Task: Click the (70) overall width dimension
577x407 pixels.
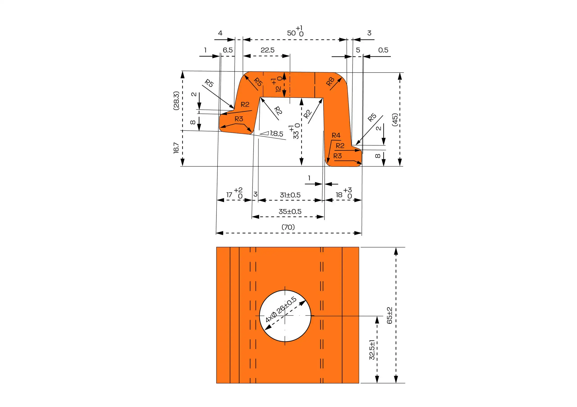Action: point(288,227)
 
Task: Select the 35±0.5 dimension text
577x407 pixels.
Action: point(290,211)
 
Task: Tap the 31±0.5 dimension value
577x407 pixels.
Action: point(290,195)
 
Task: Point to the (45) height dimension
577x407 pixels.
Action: point(395,119)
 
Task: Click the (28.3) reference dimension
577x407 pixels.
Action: point(176,101)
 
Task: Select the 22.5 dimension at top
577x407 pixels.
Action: point(267,50)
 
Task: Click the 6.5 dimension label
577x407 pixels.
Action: point(228,50)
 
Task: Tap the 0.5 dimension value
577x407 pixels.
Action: point(383,50)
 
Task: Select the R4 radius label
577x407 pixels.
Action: point(336,135)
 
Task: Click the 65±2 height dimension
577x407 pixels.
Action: point(389,315)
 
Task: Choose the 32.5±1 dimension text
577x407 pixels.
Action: point(372,350)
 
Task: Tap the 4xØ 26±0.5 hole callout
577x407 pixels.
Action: point(281,310)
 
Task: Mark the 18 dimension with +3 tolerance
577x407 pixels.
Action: point(343,194)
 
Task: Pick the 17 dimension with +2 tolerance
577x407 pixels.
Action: point(234,194)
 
